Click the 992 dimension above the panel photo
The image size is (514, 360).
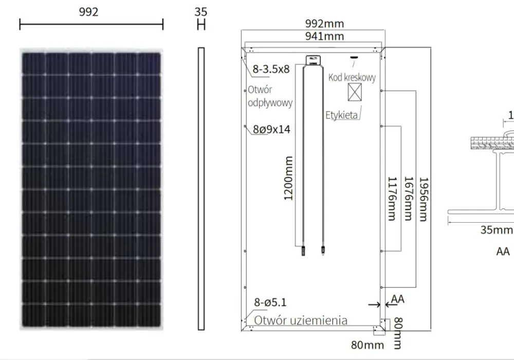pos(88,12)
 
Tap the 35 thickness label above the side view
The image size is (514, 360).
pos(200,12)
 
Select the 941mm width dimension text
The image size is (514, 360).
pos(324,36)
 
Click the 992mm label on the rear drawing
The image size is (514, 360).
pos(324,24)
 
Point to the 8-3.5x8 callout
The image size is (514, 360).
pos(271,69)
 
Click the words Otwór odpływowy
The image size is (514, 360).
pos(270,96)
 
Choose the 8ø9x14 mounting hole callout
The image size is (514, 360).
pos(272,130)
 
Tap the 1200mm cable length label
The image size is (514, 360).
pos(288,178)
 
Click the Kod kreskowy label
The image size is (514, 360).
pos(352,78)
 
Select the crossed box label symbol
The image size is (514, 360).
pos(355,92)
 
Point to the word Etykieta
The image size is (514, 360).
pos(342,115)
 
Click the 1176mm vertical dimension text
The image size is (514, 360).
pos(392,199)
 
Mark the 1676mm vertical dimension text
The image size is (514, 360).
pos(409,199)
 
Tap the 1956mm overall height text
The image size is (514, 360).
pos(424,200)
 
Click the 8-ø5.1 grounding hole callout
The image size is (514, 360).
pos(270,302)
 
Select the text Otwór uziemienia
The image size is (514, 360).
pos(301,320)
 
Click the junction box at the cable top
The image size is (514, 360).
pos(313,60)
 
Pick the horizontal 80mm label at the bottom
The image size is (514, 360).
pos(368,345)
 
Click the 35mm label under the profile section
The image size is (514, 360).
pos(497,230)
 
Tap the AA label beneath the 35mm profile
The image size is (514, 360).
pos(503,251)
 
